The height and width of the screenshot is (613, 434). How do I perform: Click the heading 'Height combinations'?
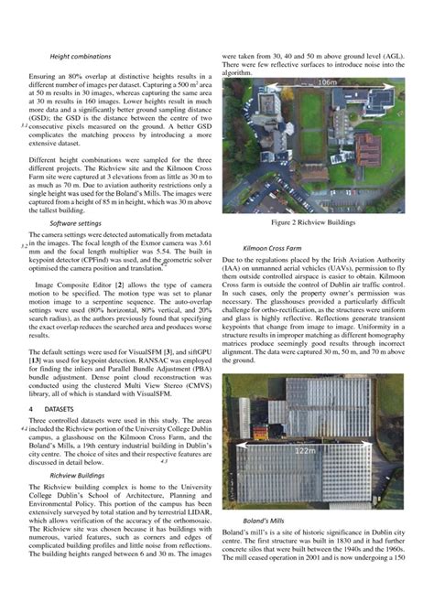[80, 57]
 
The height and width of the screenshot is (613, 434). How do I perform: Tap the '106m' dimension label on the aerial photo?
[326, 83]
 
